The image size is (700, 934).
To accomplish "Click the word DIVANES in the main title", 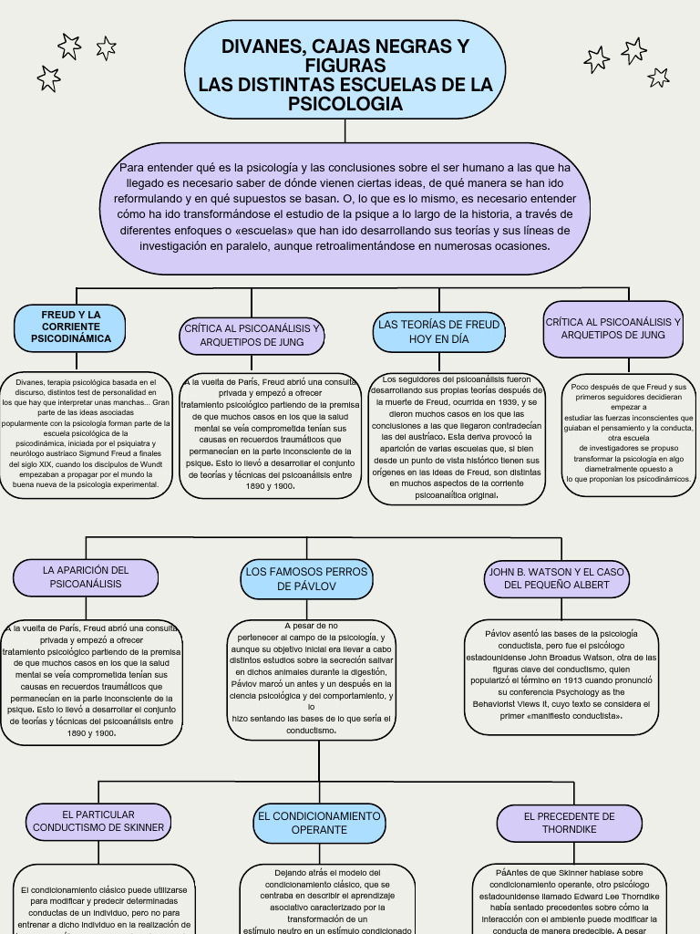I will tap(262, 47).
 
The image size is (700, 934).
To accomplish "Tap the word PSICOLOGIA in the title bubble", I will tap(345, 104).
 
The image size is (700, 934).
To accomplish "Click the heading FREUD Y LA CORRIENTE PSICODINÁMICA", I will tap(71, 327).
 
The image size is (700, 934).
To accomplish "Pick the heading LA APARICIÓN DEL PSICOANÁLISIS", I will tap(86, 576).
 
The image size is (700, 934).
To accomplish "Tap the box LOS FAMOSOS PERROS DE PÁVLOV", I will tap(306, 578).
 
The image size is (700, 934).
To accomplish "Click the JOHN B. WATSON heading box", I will tap(557, 578).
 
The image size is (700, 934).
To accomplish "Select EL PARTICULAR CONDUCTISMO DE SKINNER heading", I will tap(98, 821).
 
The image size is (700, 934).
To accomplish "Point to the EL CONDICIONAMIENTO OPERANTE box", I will tap(319, 823).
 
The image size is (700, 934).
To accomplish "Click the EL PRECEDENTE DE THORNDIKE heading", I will tap(569, 823).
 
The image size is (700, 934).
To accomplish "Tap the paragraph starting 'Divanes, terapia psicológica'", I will tap(86, 433).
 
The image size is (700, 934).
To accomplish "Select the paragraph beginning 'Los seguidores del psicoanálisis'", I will tap(457, 437).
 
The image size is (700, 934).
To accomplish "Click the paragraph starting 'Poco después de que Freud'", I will tap(628, 433).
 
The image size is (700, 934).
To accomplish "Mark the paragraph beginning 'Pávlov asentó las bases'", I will tap(561, 674).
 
